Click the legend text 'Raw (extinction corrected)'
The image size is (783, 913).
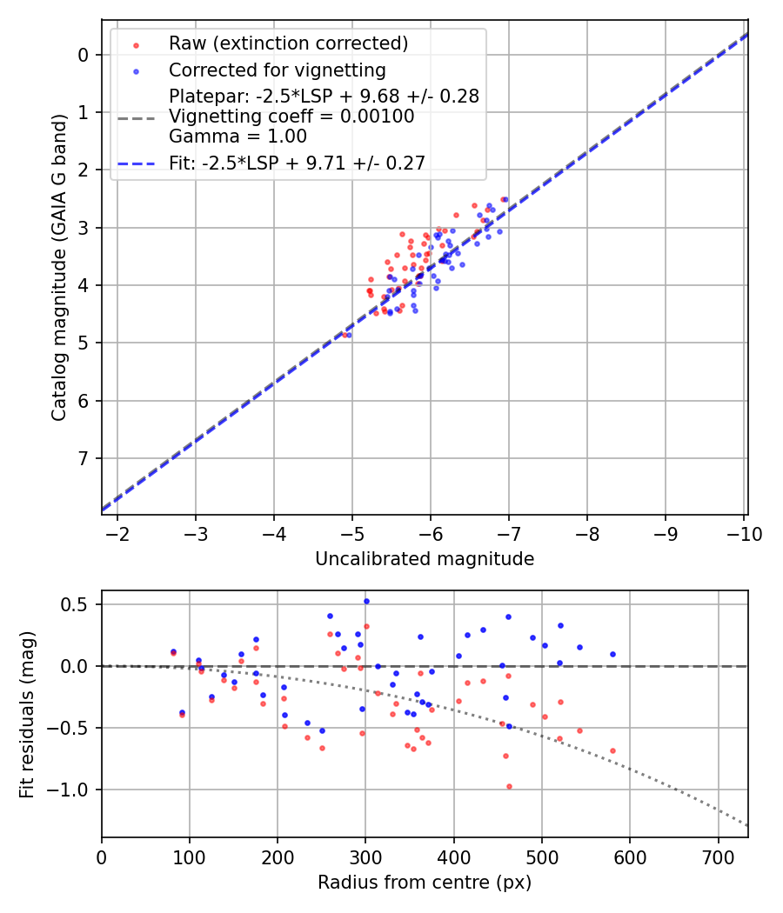[288, 43]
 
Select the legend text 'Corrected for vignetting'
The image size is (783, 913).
[278, 70]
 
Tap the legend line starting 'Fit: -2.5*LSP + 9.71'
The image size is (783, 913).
[297, 163]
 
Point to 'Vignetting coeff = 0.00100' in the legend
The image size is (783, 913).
[291, 117]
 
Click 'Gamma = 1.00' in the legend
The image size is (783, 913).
[238, 137]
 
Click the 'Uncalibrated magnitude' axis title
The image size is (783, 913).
[425, 559]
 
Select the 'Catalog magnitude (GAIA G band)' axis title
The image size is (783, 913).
[59, 267]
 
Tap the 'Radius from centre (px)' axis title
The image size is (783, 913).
[425, 883]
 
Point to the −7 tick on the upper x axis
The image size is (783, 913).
[509, 533]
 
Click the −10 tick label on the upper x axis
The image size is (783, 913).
[744, 533]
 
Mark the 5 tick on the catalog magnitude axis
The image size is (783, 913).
[83, 343]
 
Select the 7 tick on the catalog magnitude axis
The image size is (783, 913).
[83, 458]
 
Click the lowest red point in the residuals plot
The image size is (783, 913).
[509, 786]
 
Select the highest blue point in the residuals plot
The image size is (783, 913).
[366, 601]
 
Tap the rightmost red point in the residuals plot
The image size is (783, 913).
[612, 750]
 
